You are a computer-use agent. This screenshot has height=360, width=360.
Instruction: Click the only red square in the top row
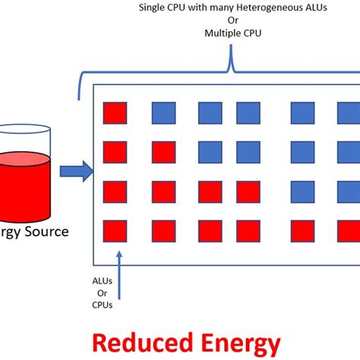pos(115,113)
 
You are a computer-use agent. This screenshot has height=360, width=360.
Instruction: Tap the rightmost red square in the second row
pos(163,152)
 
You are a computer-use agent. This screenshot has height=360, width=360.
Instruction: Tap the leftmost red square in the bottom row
pos(115,229)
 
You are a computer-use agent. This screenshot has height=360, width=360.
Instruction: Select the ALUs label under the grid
pos(103,280)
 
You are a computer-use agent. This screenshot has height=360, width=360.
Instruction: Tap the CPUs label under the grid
pos(103,305)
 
